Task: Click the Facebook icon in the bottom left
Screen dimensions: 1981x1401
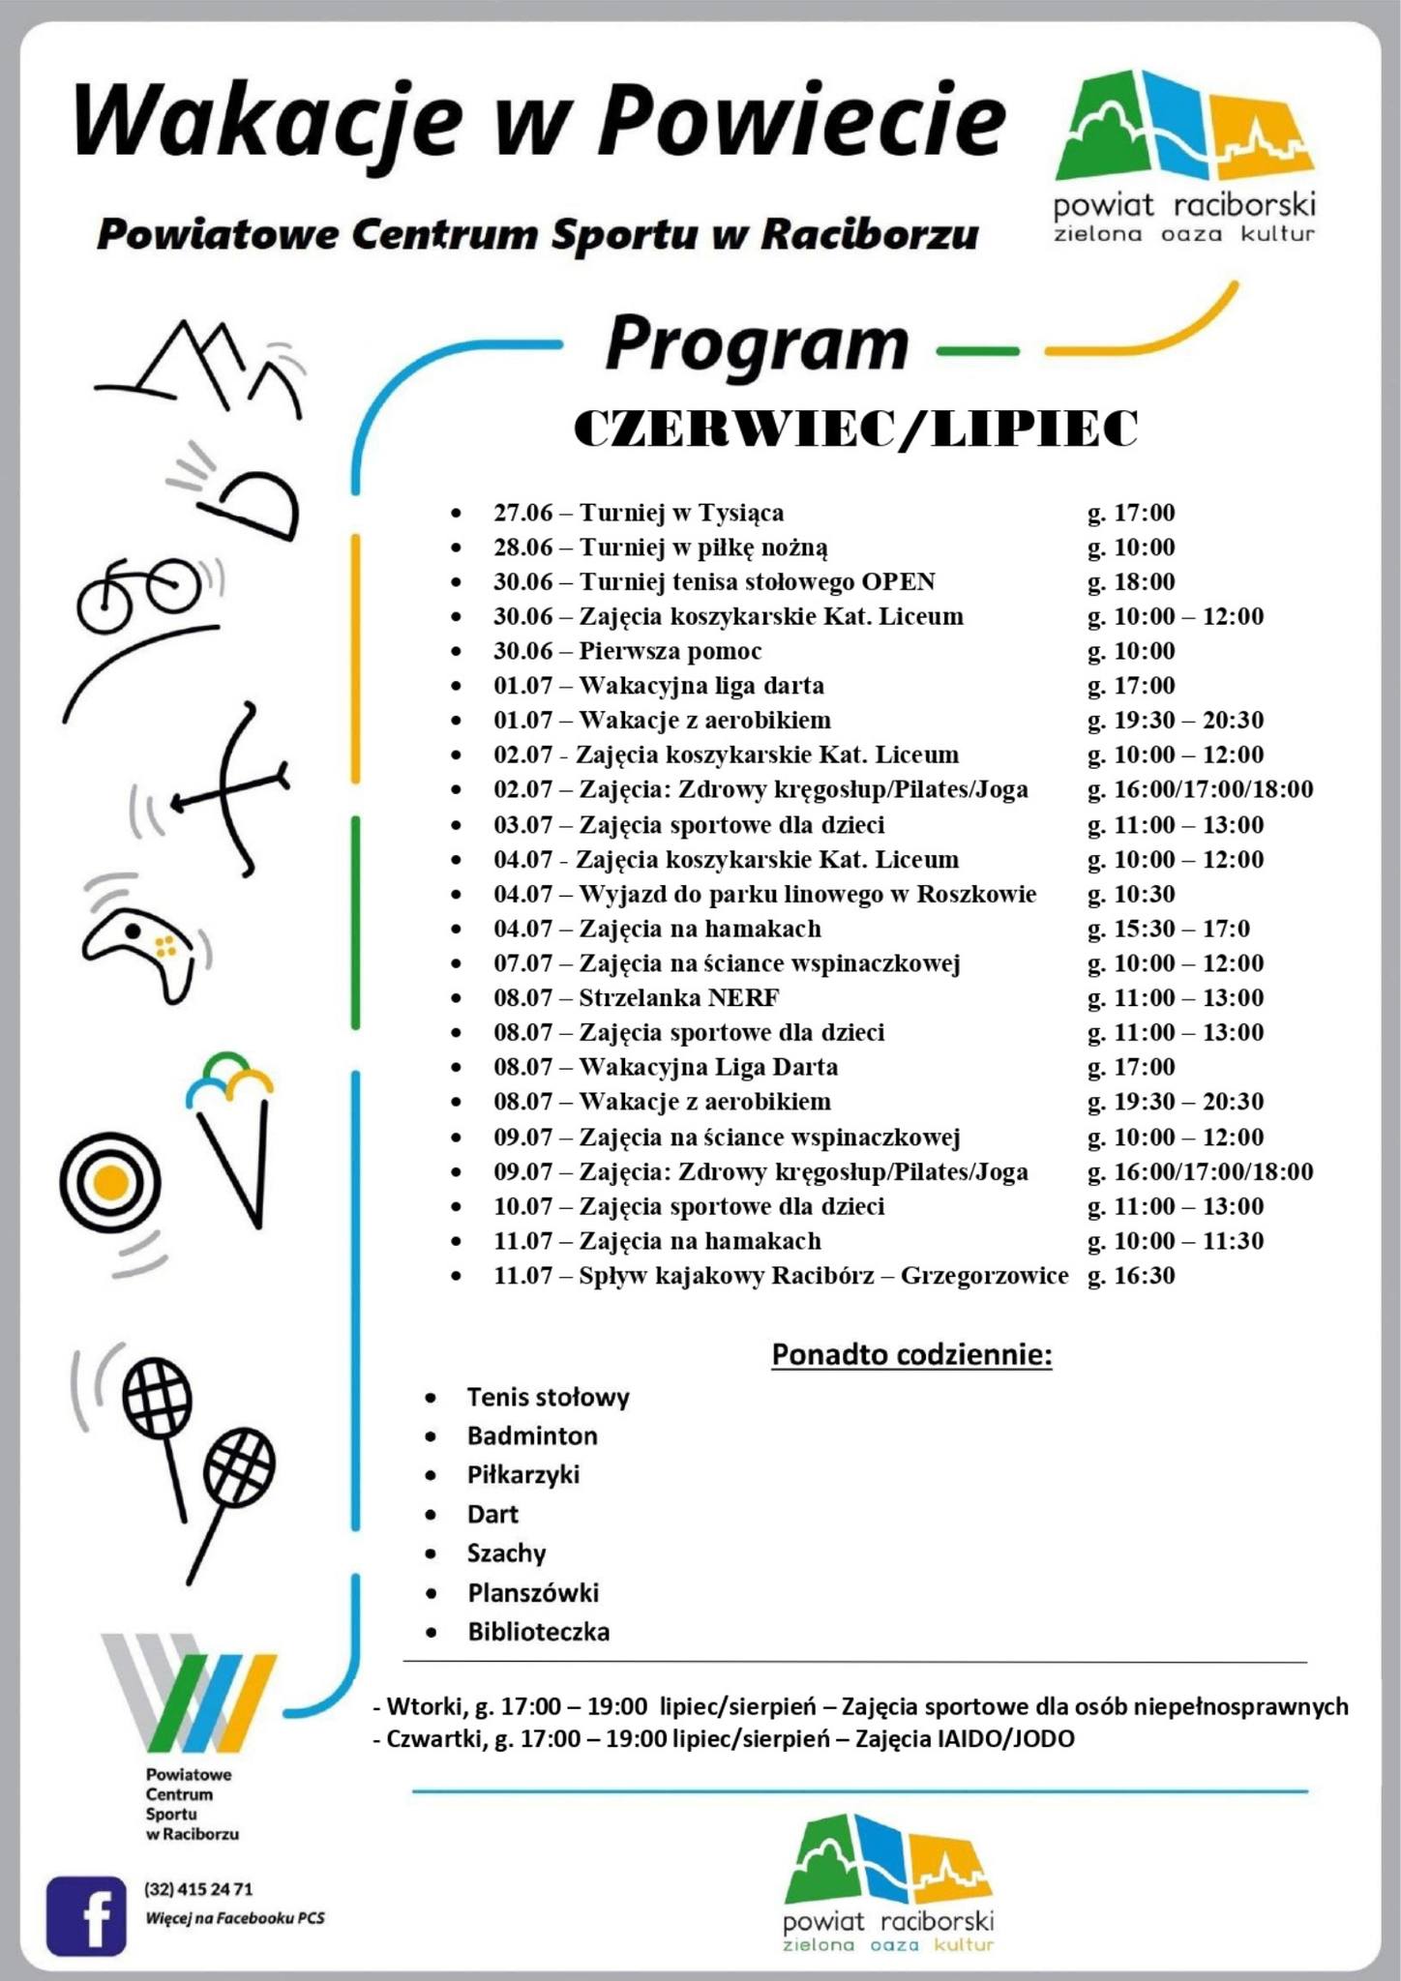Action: (x=86, y=1916)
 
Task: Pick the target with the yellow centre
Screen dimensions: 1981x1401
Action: (x=109, y=1181)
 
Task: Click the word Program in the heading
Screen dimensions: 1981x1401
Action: (x=757, y=344)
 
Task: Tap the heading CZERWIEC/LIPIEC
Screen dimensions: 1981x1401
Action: (x=855, y=429)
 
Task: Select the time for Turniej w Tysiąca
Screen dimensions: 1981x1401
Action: (x=1131, y=513)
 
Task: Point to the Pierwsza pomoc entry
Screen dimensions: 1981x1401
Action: (x=670, y=651)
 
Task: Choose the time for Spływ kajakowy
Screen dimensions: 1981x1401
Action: (x=1131, y=1276)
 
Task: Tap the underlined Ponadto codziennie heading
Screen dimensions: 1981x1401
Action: (x=911, y=1355)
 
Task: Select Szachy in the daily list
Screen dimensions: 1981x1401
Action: (x=506, y=1553)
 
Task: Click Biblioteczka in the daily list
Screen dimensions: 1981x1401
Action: (x=538, y=1633)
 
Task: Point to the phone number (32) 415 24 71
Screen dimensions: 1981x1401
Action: (x=198, y=1889)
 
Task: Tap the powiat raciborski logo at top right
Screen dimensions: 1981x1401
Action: (x=1184, y=155)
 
